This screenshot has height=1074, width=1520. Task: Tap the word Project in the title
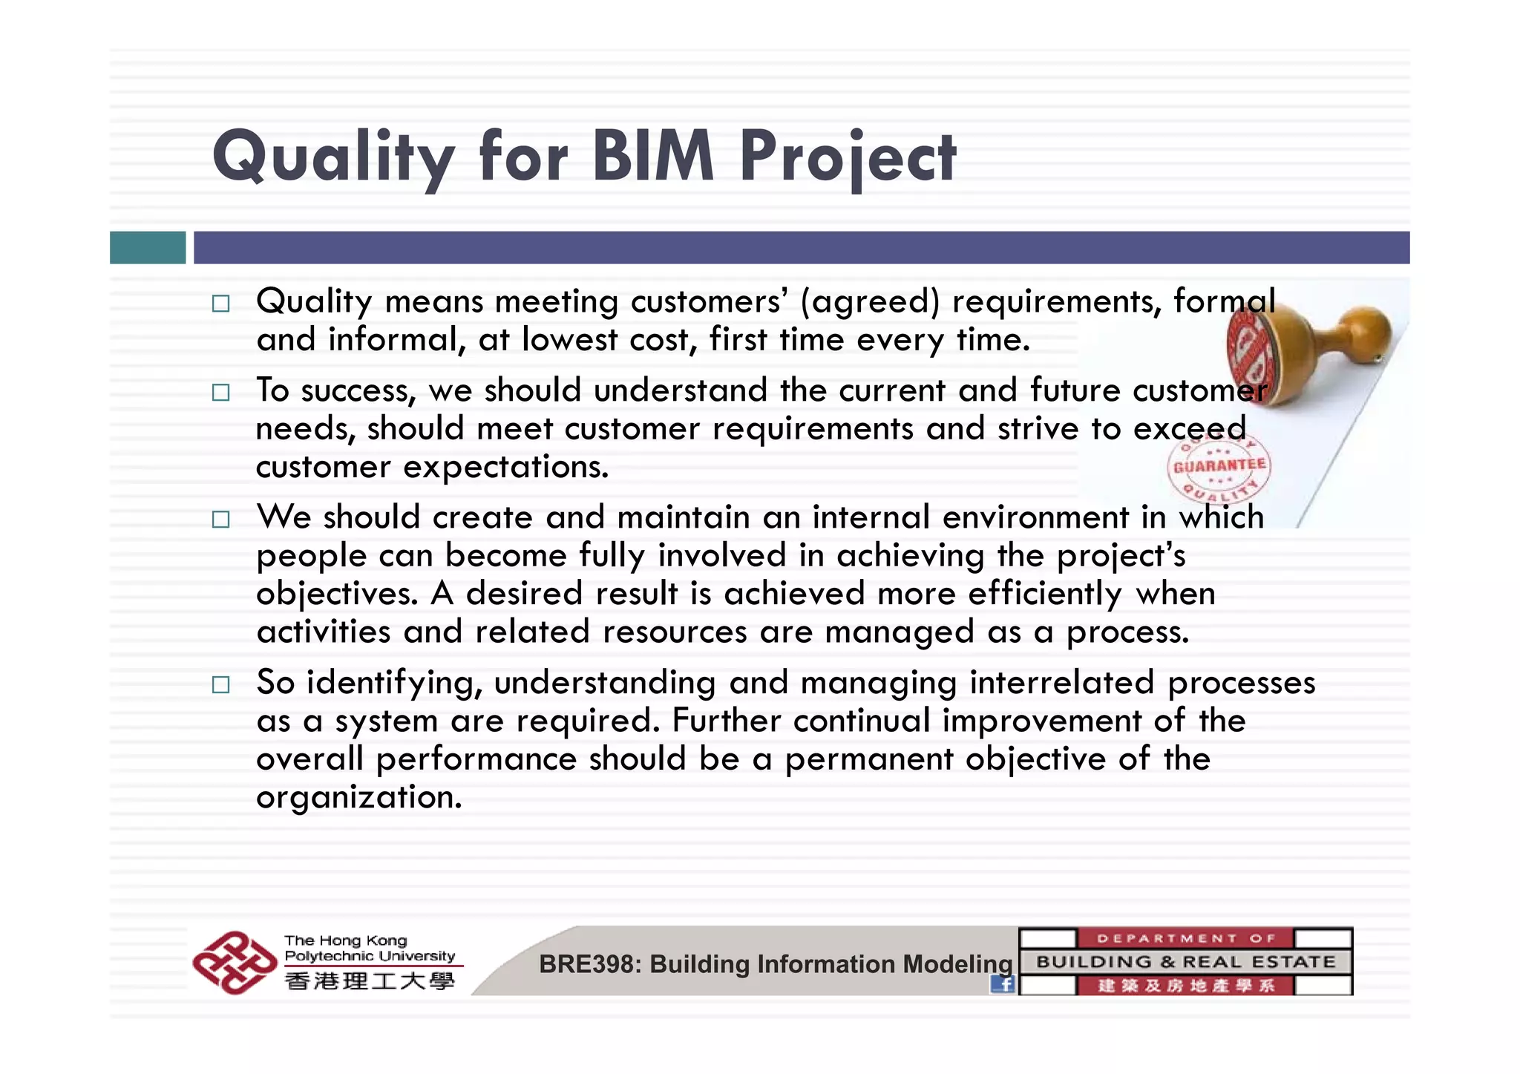click(848, 157)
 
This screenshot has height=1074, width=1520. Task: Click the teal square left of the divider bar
click(148, 247)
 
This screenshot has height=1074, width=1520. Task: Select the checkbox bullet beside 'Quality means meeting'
click(220, 304)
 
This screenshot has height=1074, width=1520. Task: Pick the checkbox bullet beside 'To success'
click(220, 392)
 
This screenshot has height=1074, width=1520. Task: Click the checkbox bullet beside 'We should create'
click(220, 519)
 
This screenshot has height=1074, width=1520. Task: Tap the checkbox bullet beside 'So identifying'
click(220, 684)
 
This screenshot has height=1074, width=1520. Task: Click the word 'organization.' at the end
click(359, 797)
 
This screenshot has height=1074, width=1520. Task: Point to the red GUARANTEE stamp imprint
click(1219, 466)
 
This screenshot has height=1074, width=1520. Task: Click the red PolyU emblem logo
click(234, 962)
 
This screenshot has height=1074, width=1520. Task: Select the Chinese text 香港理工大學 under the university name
click(370, 981)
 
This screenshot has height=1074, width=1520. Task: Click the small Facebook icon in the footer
click(1003, 984)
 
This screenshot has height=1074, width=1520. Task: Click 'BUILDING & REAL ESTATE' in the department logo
click(1185, 962)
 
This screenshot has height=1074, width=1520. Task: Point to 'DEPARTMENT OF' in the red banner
click(1185, 938)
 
